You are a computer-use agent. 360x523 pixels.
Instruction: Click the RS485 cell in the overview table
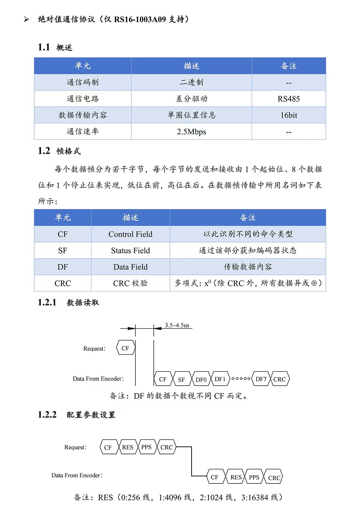(288, 99)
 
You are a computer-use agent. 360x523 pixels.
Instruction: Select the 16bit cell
(289, 115)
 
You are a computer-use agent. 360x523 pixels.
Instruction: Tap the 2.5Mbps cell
(191, 132)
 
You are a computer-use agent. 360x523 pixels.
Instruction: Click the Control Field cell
(130, 235)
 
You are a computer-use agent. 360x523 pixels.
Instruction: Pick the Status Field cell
(130, 251)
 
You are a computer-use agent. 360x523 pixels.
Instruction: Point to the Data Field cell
(130, 267)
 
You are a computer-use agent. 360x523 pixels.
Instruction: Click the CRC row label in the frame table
(63, 283)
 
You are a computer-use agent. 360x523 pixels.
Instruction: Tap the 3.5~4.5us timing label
(177, 325)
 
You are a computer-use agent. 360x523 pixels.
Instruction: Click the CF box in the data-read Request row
(125, 348)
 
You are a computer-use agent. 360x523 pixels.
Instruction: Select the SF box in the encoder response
(181, 379)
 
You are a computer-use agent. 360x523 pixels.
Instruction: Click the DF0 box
(201, 379)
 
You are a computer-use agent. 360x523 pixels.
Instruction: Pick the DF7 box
(261, 379)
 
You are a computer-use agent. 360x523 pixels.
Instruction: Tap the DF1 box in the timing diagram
(220, 379)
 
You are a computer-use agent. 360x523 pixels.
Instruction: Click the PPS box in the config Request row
(147, 447)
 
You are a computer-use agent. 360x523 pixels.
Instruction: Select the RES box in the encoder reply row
(236, 477)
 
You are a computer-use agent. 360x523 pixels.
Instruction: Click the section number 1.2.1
(47, 303)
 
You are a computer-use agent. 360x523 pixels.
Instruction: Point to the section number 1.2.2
(47, 415)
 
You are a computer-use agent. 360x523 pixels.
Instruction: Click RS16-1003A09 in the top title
(140, 19)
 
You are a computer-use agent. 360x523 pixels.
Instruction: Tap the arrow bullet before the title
(26, 19)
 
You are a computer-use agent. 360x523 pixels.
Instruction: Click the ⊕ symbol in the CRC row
(314, 283)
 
